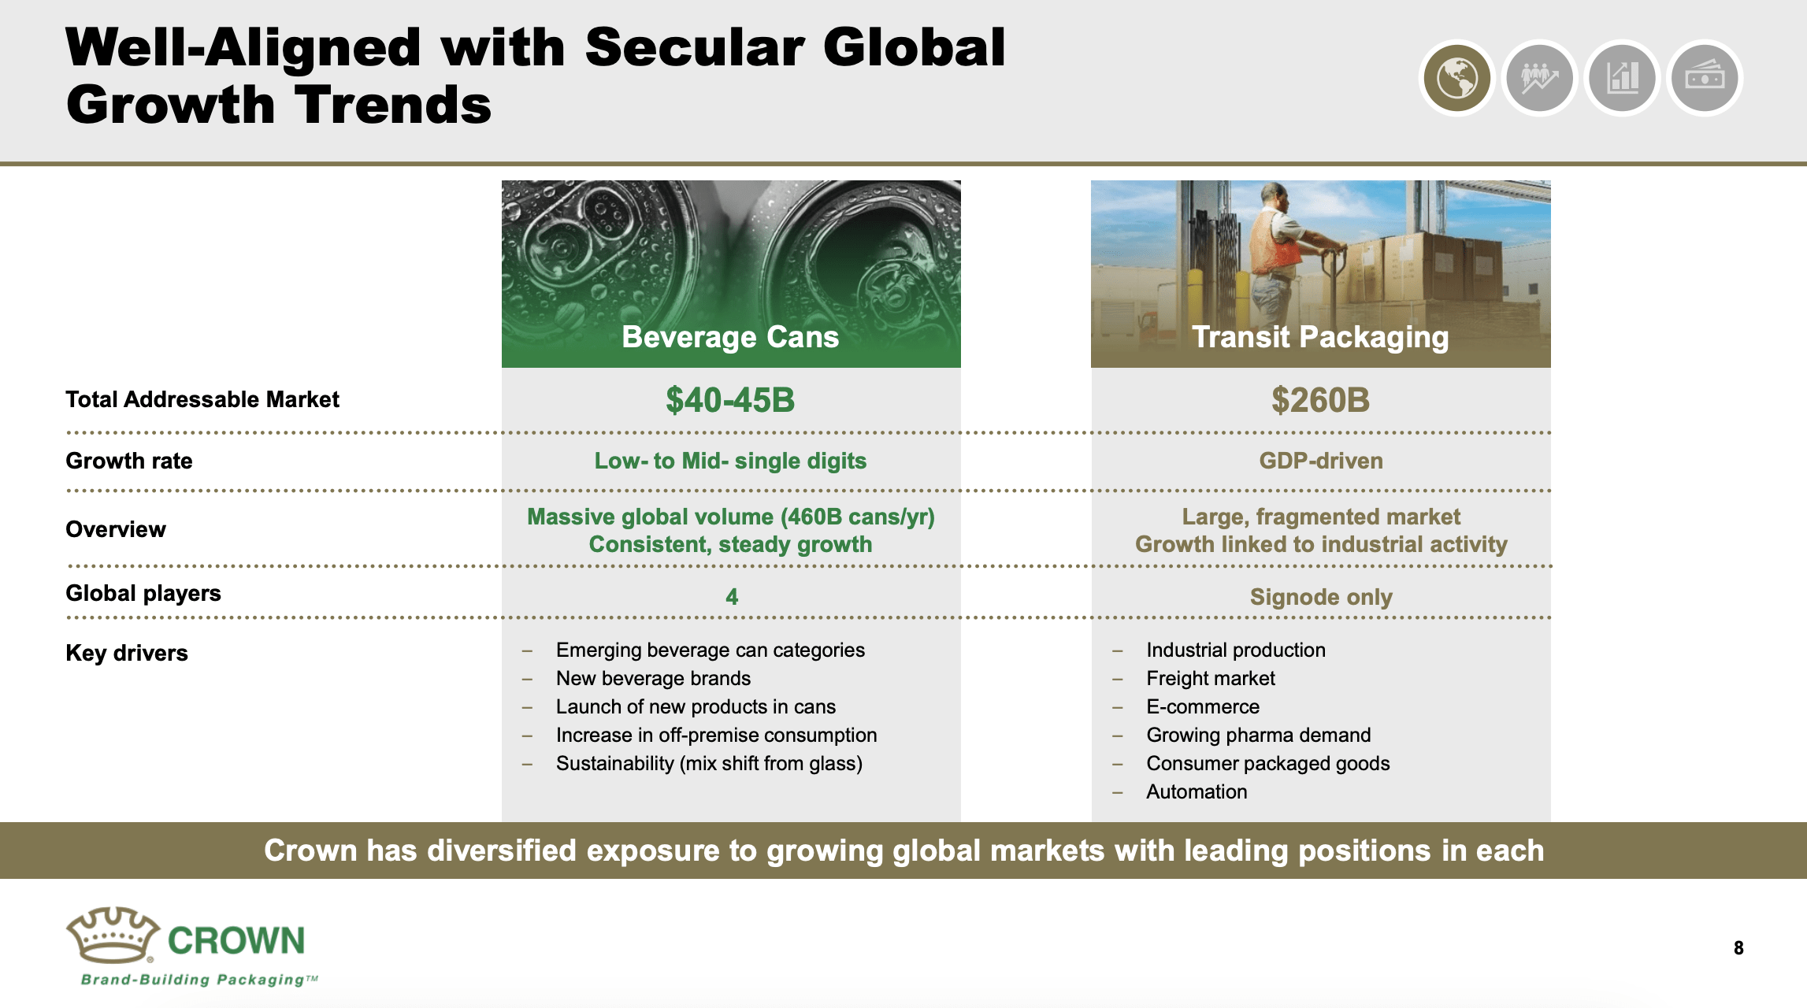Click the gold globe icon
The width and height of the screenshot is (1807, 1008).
coord(1456,78)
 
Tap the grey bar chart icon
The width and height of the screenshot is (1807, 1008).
coord(1622,78)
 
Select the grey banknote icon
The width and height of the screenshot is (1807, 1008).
coord(1705,78)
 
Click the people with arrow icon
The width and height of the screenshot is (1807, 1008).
coord(1539,78)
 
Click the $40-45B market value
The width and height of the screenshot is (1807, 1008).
coord(730,400)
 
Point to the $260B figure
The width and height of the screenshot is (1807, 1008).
coord(1320,400)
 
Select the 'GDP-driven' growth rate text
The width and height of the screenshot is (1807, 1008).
coord(1320,461)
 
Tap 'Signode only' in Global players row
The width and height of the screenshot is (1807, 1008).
coord(1320,597)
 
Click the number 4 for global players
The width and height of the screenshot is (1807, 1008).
coord(732,597)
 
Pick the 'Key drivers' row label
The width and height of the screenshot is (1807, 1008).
coord(127,653)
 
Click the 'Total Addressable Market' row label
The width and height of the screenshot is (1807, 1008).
coord(202,399)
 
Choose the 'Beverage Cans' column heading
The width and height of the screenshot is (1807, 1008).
coord(730,337)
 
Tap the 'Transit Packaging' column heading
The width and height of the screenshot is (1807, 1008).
coord(1320,337)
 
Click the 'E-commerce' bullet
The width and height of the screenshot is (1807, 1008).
coord(1203,706)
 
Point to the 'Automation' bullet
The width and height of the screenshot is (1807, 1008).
coord(1197,791)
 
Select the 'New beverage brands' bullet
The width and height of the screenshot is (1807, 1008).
coord(653,678)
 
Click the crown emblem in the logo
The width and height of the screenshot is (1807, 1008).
coord(113,935)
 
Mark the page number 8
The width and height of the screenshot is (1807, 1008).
coord(1738,948)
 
